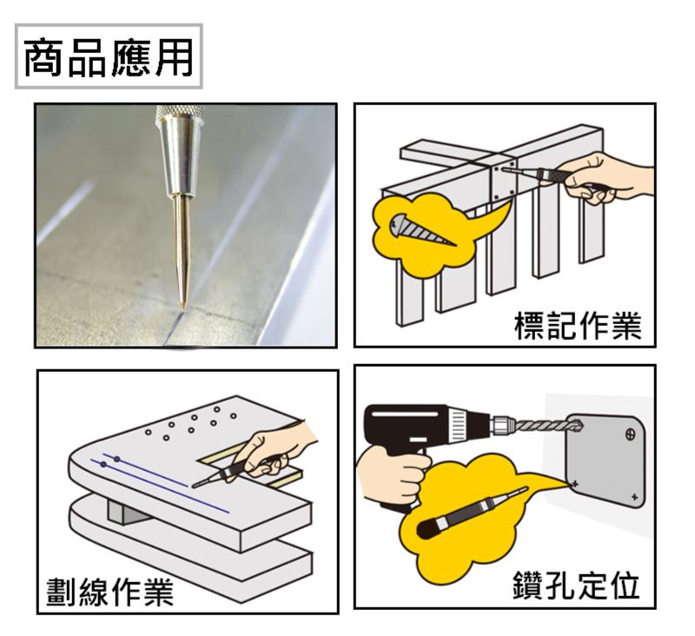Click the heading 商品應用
coord(109,57)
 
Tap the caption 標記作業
coord(578,326)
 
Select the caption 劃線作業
coord(110,592)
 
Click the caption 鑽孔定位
coord(576,585)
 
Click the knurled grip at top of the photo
coord(180,111)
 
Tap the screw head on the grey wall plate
coord(631,434)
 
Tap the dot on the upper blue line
coord(116,459)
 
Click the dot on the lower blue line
coord(103,465)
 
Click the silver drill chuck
coord(502,427)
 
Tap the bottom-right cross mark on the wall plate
coord(634,497)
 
